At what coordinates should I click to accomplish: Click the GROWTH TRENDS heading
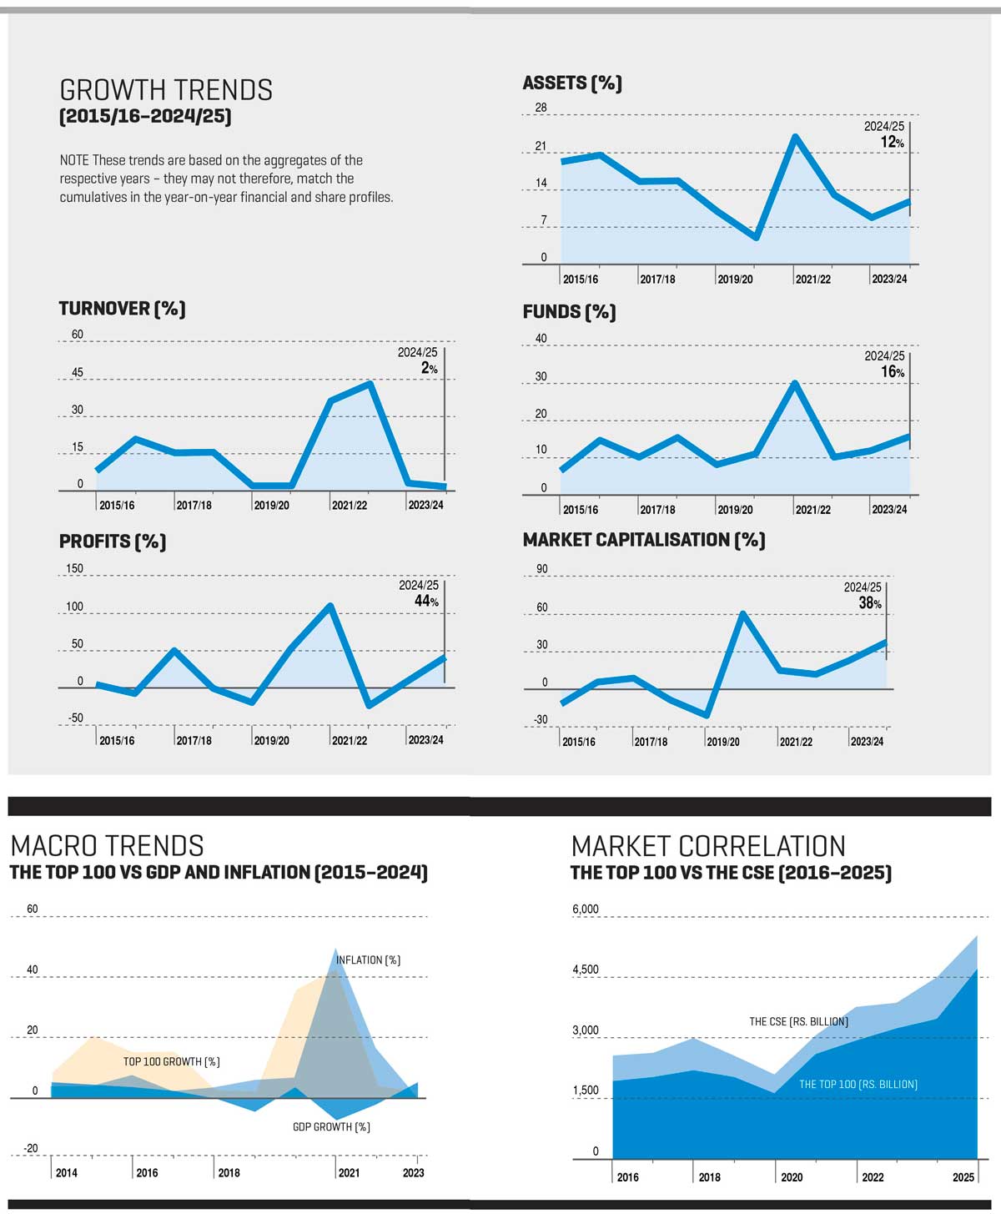(166, 90)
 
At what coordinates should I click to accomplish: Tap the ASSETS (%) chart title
(572, 83)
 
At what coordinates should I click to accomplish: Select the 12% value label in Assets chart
(892, 142)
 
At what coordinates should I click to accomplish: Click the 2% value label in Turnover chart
(429, 368)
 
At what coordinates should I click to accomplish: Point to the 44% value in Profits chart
(426, 601)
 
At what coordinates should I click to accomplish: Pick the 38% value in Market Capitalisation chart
(870, 602)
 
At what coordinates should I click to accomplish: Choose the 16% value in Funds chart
(893, 371)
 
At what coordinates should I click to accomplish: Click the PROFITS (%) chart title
(113, 542)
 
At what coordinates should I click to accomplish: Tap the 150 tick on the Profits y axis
(74, 568)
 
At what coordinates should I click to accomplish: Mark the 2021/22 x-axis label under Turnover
(349, 505)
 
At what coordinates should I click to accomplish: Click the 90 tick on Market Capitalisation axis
(542, 569)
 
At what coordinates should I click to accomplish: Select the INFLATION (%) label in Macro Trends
(368, 960)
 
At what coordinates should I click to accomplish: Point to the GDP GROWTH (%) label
(331, 1127)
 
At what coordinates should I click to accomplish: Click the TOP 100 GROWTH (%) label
(171, 1061)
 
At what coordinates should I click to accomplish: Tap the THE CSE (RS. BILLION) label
(798, 1021)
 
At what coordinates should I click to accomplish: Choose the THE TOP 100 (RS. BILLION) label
(858, 1085)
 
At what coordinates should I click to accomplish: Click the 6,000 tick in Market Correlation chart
(586, 909)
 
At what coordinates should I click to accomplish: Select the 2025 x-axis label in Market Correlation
(963, 1176)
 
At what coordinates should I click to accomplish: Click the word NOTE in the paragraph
(74, 160)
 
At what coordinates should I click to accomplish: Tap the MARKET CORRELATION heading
(708, 846)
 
